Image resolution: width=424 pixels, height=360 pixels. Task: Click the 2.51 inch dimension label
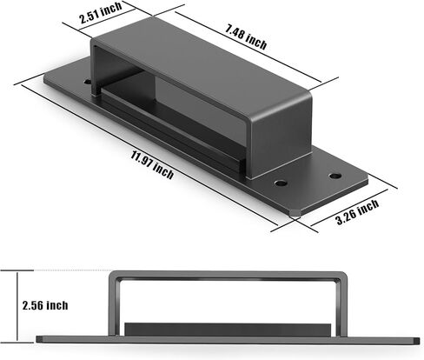point(101,13)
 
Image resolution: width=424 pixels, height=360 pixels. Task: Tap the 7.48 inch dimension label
point(246,37)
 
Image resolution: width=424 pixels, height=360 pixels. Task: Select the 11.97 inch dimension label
point(152,165)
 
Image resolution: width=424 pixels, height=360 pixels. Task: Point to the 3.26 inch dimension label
point(357,211)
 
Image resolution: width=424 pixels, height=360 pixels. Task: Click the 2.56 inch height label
point(45,305)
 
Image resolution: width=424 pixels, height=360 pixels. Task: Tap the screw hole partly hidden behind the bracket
point(87,82)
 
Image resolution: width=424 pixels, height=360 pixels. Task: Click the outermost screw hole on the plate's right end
point(335,176)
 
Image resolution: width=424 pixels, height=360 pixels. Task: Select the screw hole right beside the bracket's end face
point(281,183)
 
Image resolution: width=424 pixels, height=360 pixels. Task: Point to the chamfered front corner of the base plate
point(295,214)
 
